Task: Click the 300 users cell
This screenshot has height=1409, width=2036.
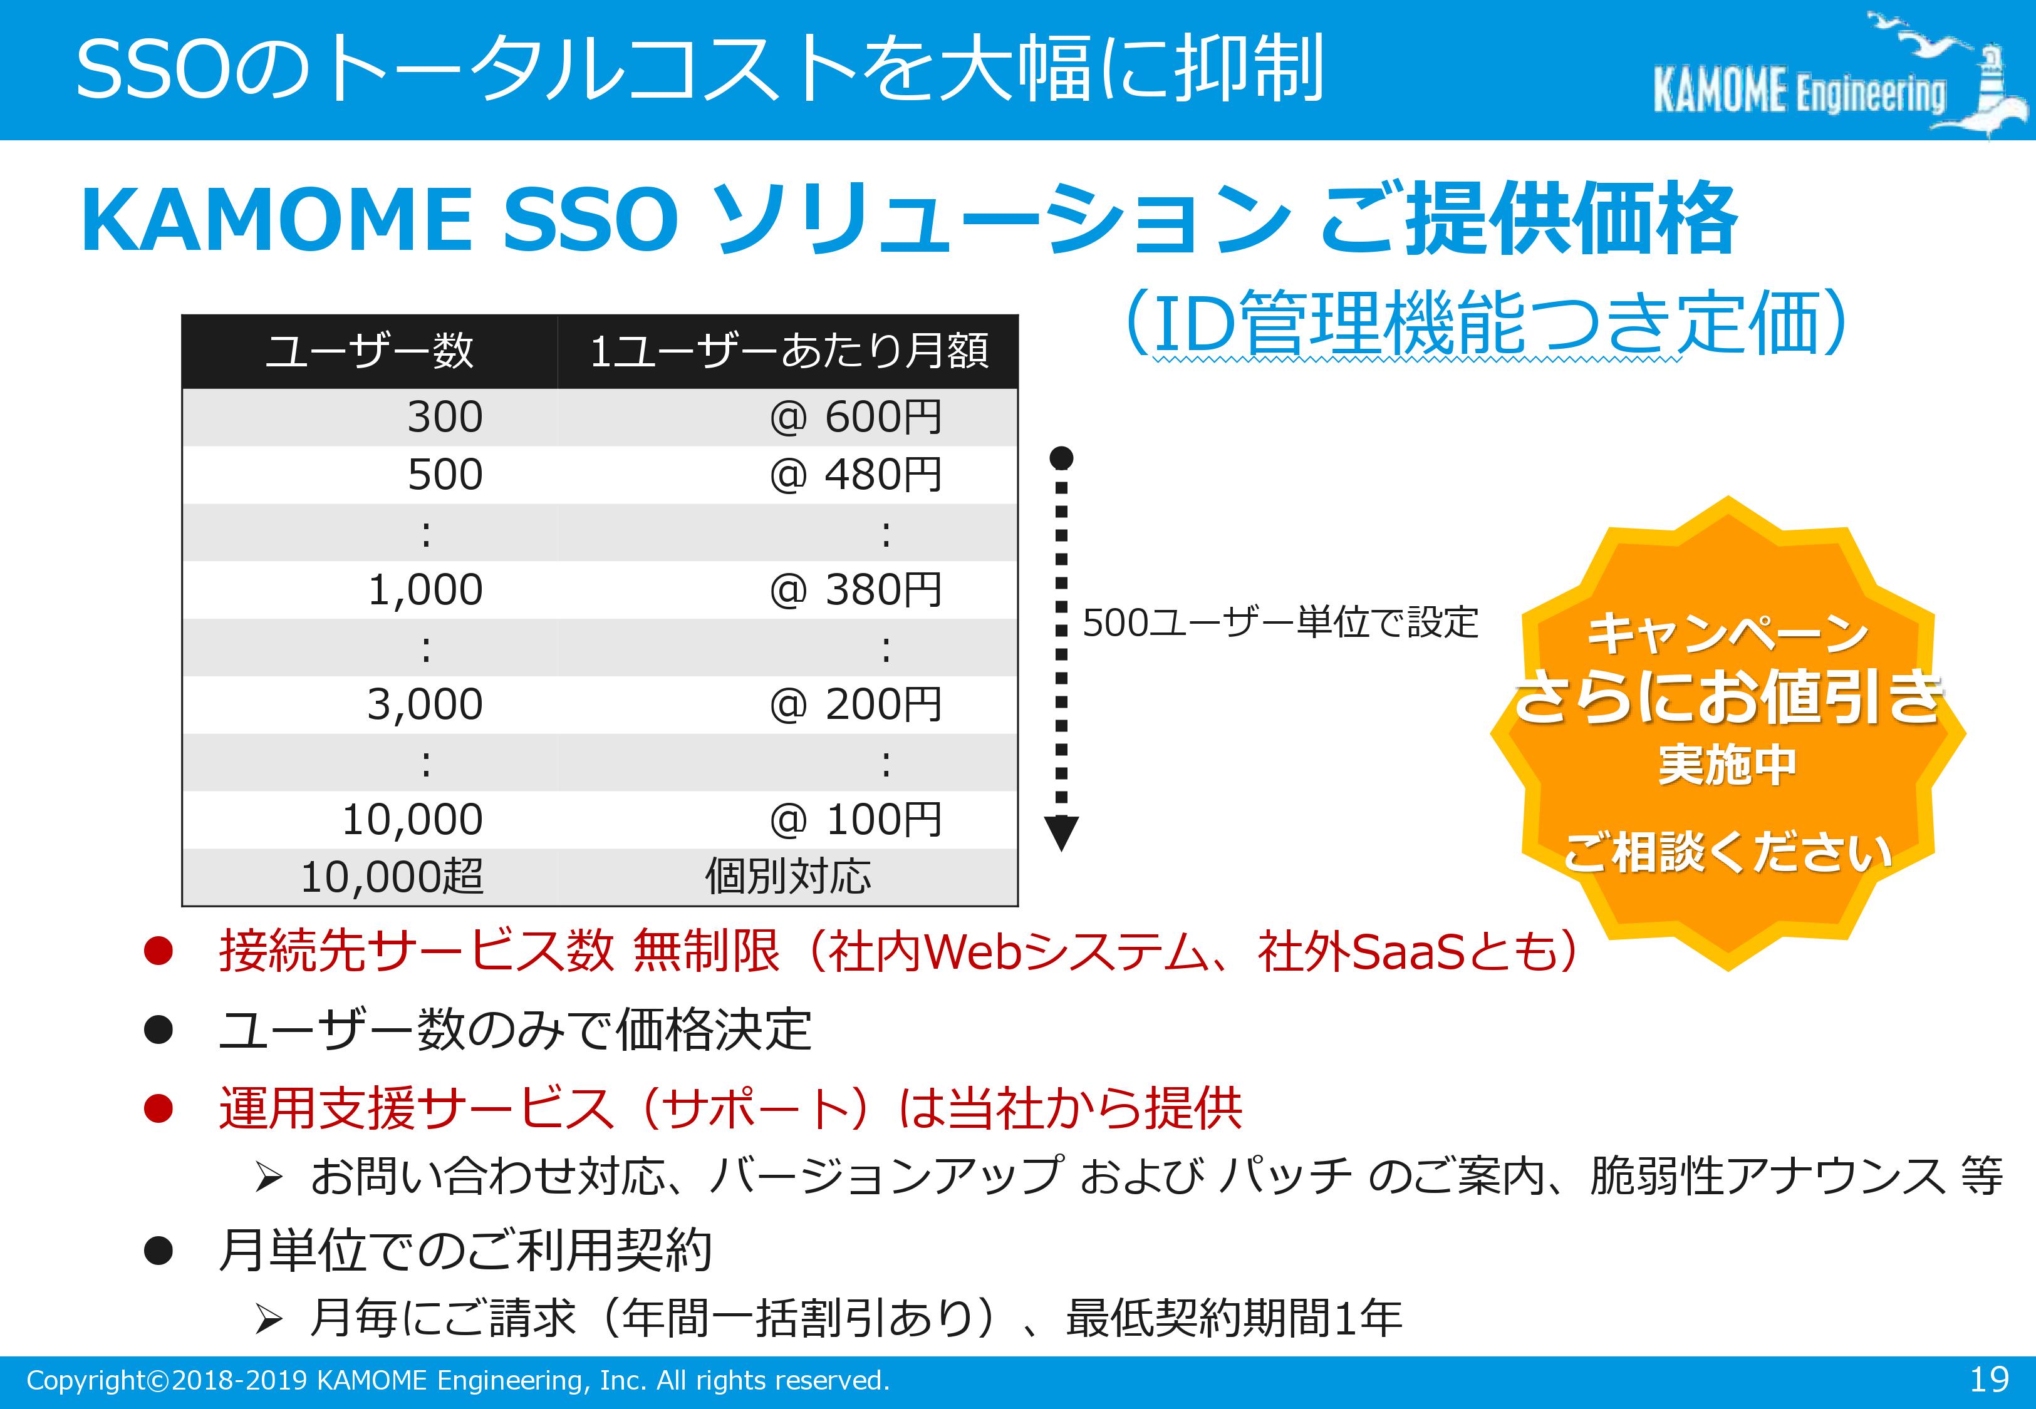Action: coord(445,416)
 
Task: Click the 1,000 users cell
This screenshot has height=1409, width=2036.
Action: coord(425,590)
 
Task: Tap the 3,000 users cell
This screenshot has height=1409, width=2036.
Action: coord(425,704)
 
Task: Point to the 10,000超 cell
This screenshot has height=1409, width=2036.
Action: coord(392,877)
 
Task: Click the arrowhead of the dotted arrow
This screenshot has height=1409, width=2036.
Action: coord(1061,832)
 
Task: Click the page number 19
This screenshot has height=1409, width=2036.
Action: coord(1989,1379)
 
